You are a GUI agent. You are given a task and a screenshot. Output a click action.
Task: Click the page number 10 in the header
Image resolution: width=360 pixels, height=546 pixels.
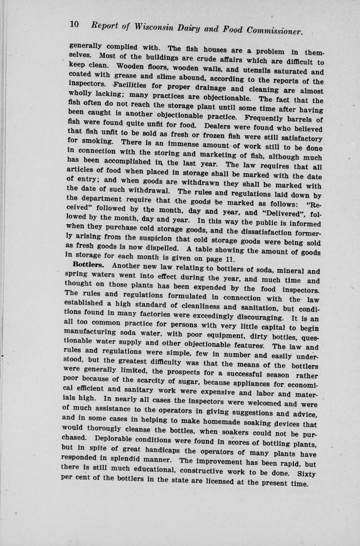[75, 24]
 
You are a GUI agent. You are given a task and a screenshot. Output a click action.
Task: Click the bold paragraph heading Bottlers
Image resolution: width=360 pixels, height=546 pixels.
[88, 264]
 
